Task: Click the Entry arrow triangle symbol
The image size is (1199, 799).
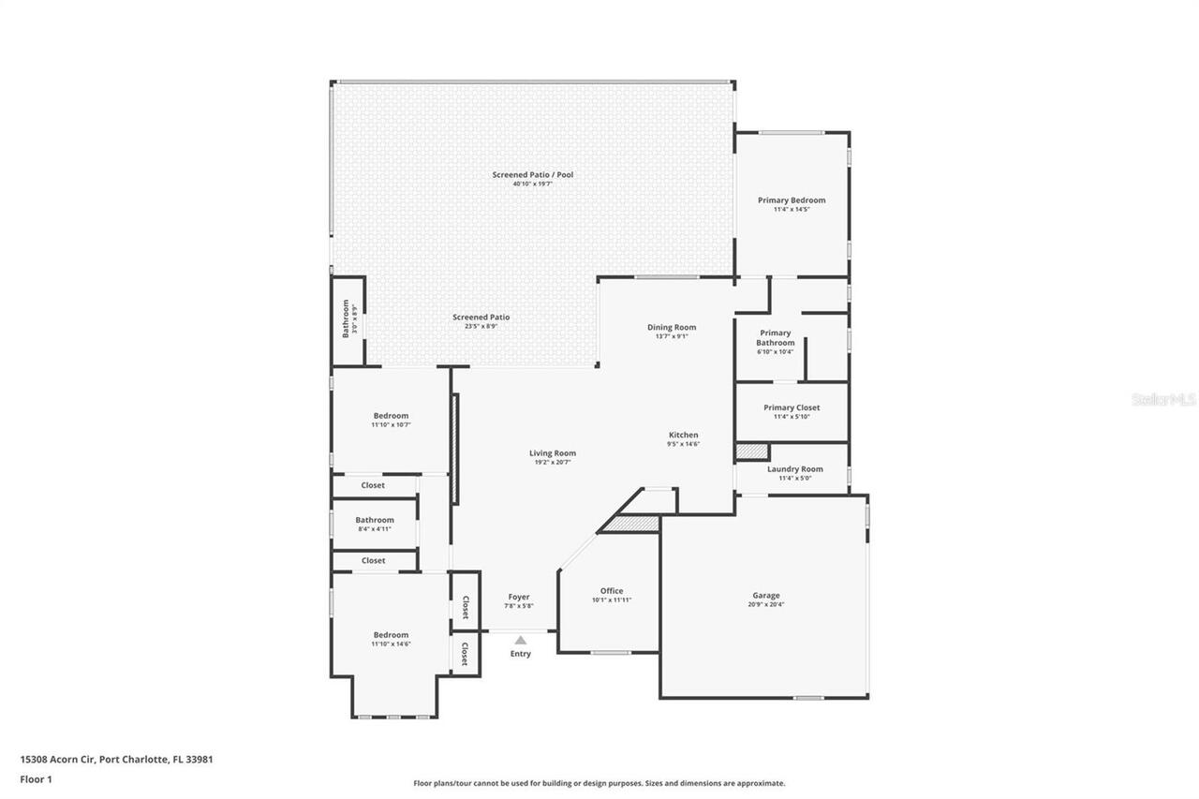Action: click(520, 641)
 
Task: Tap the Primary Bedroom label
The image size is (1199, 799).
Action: click(792, 200)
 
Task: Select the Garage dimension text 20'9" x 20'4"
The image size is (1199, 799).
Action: click(765, 605)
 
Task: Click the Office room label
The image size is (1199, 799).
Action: click(612, 591)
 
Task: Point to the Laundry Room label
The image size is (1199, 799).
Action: click(794, 469)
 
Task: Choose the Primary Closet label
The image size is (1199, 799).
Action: click(792, 407)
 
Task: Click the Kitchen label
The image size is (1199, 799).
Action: click(683, 435)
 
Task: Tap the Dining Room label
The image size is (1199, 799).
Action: click(672, 327)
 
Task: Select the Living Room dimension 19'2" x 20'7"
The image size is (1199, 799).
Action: click(552, 462)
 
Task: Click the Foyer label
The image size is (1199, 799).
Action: click(519, 597)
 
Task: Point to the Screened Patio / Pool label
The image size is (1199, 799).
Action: click(532, 174)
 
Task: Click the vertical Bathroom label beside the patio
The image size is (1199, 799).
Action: click(346, 318)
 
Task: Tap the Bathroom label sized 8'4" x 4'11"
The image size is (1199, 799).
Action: click(374, 520)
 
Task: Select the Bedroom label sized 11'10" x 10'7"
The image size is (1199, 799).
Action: click(391, 416)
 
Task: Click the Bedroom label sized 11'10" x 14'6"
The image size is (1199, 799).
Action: click(391, 635)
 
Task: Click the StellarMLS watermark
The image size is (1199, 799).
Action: click(1163, 399)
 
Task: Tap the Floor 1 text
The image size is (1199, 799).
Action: click(36, 778)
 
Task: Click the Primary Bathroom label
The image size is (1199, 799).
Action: click(776, 337)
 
